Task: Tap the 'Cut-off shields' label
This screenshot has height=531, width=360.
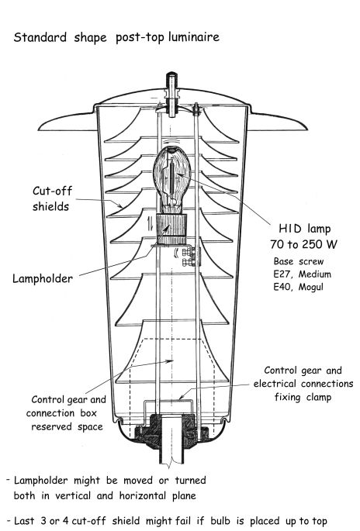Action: tap(52, 198)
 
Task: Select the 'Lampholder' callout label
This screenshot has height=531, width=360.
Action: tap(43, 279)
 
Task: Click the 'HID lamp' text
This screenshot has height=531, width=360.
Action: tap(304, 229)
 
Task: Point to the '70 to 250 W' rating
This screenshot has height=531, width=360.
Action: tap(303, 244)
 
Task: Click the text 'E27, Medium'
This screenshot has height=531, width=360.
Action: tap(302, 274)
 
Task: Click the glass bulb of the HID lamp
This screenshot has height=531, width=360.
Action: tap(172, 180)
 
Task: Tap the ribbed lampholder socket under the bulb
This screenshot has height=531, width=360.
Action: tap(171, 229)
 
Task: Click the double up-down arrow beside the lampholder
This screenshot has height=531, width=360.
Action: tap(151, 223)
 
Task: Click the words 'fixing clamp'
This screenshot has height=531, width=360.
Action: tap(303, 397)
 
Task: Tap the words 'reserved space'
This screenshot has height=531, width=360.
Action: tap(67, 426)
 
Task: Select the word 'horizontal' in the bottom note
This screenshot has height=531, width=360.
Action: tap(144, 496)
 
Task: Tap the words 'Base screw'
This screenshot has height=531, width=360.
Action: tap(299, 261)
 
